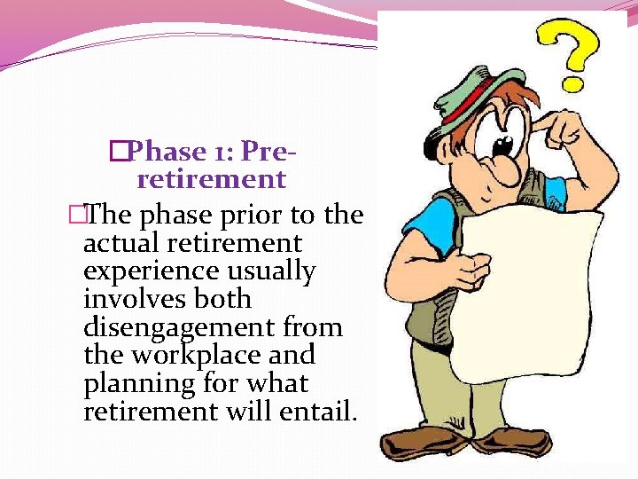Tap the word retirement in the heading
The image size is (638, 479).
click(212, 179)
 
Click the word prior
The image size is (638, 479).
click(258, 215)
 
